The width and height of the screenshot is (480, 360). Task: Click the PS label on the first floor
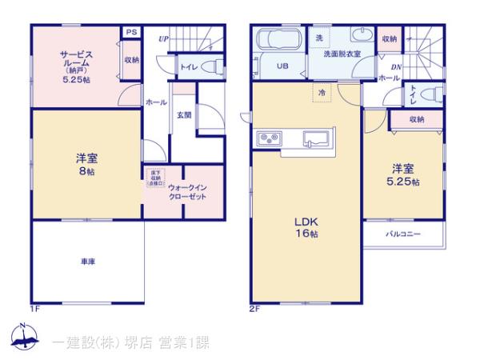point(130,33)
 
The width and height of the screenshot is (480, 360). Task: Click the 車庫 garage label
point(87,262)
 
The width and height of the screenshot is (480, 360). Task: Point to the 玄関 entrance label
point(184,115)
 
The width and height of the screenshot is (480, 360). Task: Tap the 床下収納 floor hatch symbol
point(155,177)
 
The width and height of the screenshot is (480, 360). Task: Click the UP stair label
point(163,38)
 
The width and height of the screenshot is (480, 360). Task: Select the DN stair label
point(397,68)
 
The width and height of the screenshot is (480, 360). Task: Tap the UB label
point(282,66)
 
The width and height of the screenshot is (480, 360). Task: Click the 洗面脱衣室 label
point(342,54)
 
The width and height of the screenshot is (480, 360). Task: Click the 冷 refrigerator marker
point(322,92)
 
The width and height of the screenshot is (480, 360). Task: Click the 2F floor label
point(254,308)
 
